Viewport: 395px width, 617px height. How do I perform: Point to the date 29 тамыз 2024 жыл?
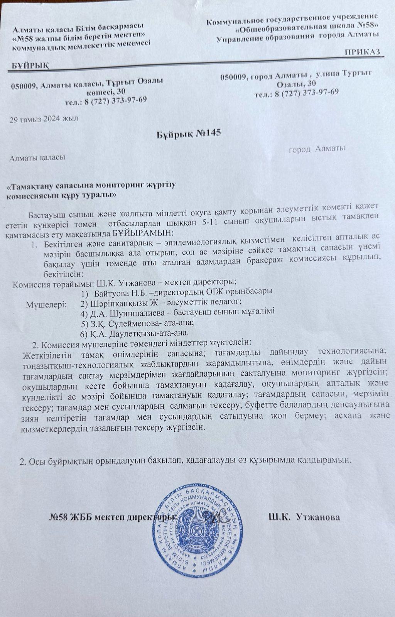[44, 119]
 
